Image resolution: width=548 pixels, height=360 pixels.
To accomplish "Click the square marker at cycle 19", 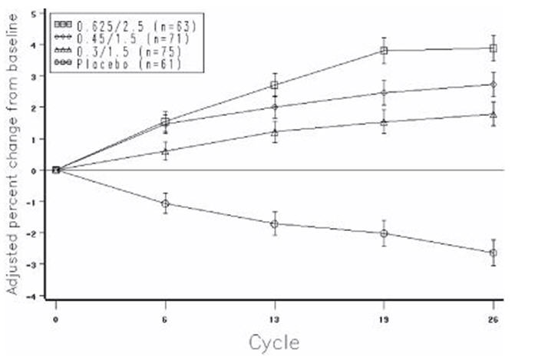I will (x=384, y=51).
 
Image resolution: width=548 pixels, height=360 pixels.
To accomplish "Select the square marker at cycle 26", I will (x=494, y=48).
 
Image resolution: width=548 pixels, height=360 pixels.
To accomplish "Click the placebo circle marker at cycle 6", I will (x=165, y=203).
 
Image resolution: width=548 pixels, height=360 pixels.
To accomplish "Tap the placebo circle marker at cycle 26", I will (x=494, y=253).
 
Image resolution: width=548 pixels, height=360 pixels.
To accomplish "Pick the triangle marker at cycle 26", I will (x=494, y=114).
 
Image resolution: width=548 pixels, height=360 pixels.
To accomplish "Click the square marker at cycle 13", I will (x=274, y=85).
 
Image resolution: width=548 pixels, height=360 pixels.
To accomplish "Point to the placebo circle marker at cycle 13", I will (x=274, y=223).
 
